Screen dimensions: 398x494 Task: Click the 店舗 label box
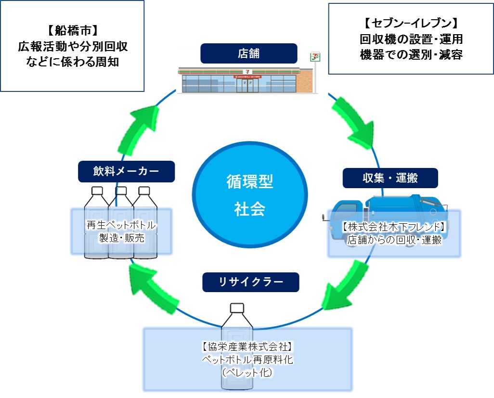click(x=248, y=53)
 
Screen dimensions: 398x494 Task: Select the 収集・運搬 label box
click(x=390, y=178)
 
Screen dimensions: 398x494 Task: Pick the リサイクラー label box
click(x=250, y=282)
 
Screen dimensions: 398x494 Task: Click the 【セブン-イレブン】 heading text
click(x=411, y=24)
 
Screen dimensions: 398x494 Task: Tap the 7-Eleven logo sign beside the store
click(x=315, y=57)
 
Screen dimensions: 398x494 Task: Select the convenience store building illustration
click(x=246, y=80)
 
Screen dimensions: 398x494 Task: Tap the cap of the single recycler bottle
click(x=237, y=308)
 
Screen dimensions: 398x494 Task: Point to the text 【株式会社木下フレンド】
click(x=394, y=227)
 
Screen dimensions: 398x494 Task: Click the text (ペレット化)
click(x=247, y=372)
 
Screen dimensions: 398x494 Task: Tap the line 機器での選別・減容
click(x=411, y=55)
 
